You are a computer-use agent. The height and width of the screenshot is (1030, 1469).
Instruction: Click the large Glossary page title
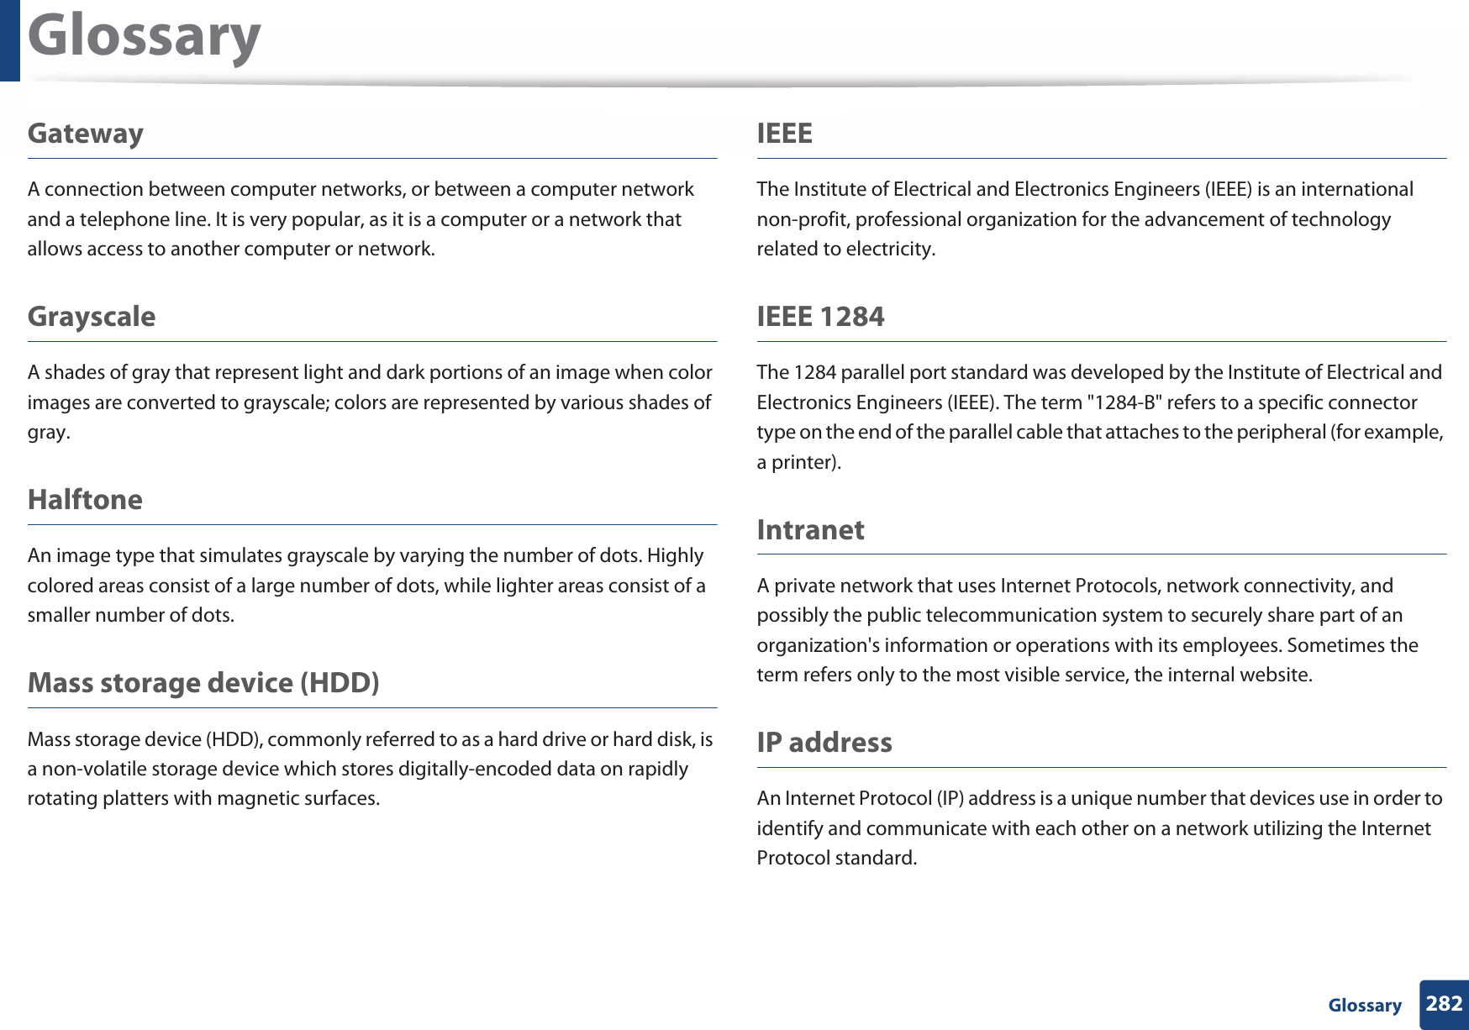tap(144, 37)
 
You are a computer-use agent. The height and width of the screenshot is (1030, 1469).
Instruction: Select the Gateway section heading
tap(85, 134)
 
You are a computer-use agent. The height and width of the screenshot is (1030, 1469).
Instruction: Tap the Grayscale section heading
tap(91, 317)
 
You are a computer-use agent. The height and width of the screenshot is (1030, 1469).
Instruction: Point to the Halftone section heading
tap(85, 500)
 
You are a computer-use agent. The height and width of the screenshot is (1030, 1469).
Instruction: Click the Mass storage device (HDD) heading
tap(203, 683)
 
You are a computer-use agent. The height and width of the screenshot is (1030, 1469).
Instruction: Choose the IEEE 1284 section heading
tap(819, 317)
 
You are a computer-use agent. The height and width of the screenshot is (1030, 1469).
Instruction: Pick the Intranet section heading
tap(809, 530)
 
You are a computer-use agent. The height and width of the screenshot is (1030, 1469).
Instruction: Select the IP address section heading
tap(824, 743)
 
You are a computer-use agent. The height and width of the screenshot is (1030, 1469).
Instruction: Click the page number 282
tap(1444, 1004)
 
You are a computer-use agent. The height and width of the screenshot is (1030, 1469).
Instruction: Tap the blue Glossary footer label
tap(1364, 1006)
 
